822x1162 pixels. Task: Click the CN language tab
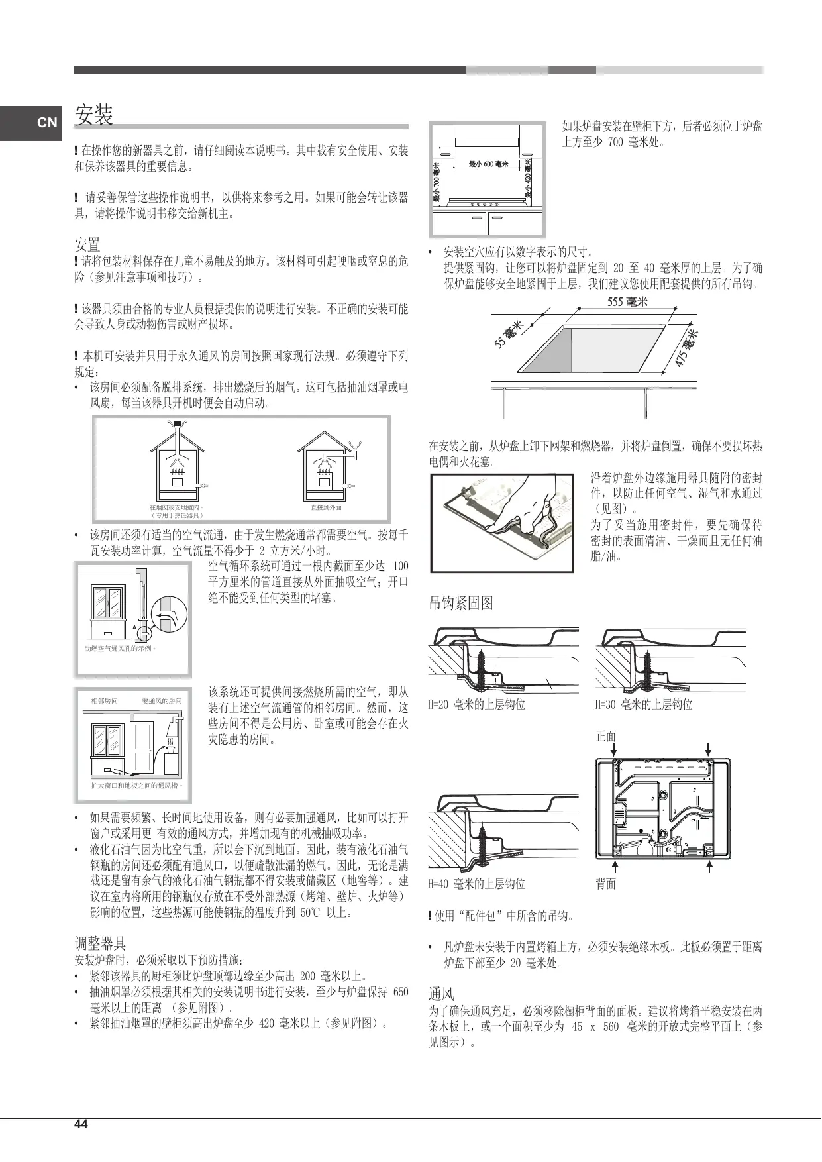(46, 123)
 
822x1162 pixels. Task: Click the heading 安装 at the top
(93, 115)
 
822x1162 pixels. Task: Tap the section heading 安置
(87, 244)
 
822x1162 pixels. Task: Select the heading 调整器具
(100, 943)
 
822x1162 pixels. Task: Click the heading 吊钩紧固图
(461, 603)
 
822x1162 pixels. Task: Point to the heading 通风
(441, 994)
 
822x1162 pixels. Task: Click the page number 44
(81, 1124)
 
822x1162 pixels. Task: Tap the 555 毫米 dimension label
(627, 302)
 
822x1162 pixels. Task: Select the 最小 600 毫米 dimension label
(488, 164)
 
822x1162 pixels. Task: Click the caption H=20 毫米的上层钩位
(476, 705)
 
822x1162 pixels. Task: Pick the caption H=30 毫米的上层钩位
(643, 705)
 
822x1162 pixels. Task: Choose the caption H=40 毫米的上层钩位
(476, 884)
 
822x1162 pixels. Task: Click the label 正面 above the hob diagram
(606, 736)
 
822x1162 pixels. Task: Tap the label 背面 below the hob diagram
(606, 884)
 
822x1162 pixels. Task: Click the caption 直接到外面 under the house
(326, 507)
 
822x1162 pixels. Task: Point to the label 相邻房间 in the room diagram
(104, 701)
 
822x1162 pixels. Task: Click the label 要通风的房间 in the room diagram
(162, 701)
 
